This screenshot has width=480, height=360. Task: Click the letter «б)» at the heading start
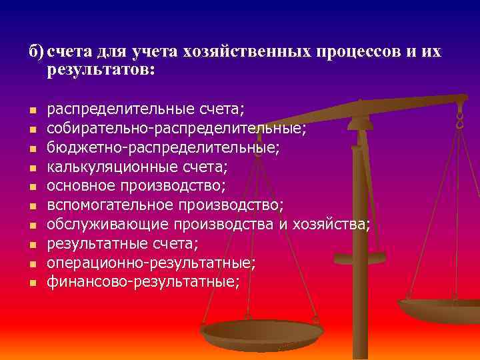[36, 53]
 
